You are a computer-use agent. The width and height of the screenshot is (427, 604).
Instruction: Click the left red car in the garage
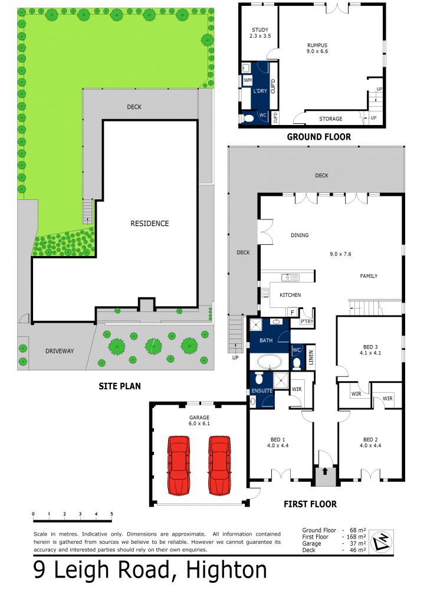coord(179,465)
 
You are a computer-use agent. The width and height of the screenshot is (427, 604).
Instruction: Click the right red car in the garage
coord(220,465)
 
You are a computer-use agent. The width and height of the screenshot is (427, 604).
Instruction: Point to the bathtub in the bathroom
coord(269,362)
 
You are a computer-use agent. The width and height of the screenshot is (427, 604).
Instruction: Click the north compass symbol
coord(381,541)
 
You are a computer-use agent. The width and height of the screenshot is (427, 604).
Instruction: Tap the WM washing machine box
coord(248,80)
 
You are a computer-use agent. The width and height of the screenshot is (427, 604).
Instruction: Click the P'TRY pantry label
coord(307,321)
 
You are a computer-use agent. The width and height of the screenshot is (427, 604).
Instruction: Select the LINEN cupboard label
coord(311,357)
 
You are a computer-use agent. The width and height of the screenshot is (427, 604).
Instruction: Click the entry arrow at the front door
coord(324,471)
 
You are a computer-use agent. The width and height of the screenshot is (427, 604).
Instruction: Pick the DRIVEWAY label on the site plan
coord(60,351)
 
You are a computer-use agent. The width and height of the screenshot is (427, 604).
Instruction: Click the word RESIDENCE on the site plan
coord(150,224)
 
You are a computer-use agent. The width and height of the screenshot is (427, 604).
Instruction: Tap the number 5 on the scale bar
coord(111,514)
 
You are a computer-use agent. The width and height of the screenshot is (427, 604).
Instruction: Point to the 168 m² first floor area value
coord(357,537)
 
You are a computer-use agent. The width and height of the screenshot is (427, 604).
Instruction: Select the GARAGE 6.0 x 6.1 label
coord(199,420)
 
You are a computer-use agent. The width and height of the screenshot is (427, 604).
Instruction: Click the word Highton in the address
coord(226,570)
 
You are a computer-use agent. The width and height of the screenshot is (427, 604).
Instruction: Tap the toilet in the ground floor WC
coord(248,117)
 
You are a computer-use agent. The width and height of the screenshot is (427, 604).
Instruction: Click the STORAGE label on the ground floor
coord(331,119)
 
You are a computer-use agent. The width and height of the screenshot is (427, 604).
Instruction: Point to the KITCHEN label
coord(290,295)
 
